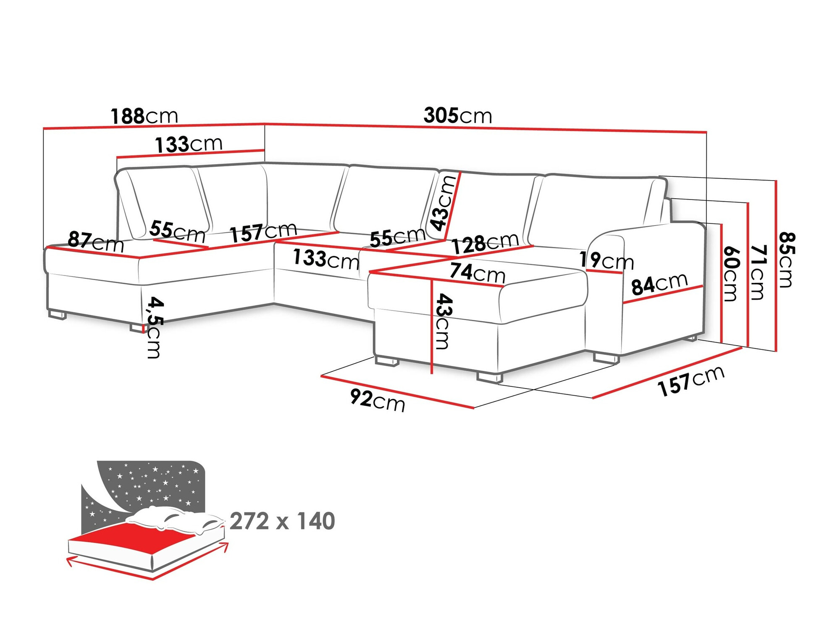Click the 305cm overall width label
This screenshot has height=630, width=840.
(458, 115)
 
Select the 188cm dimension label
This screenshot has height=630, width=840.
(144, 116)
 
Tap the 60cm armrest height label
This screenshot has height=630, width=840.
(731, 273)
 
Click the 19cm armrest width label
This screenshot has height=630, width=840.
(606, 260)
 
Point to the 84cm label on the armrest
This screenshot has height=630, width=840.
(659, 284)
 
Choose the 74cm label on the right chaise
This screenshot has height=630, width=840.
(477, 273)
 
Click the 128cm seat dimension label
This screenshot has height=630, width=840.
(485, 243)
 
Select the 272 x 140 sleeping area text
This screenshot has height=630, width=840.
(282, 521)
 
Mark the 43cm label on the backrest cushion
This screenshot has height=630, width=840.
(443, 203)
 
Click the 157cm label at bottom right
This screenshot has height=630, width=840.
(691, 381)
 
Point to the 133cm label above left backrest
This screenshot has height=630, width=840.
(189, 144)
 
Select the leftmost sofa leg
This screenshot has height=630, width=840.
(57, 314)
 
